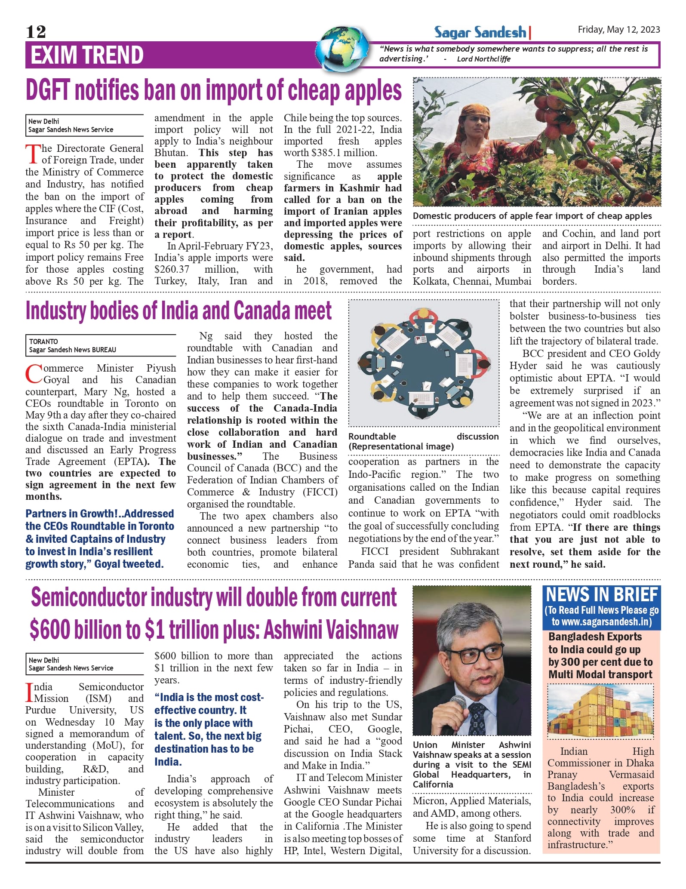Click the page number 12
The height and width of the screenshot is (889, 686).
[36, 32]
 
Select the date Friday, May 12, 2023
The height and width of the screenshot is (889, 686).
[618, 29]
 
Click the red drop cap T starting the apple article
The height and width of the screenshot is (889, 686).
[33, 154]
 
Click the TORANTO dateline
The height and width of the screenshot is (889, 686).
[43, 341]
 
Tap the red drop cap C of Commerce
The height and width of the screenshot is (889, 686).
[33, 374]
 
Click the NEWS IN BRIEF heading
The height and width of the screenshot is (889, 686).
[601, 595]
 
